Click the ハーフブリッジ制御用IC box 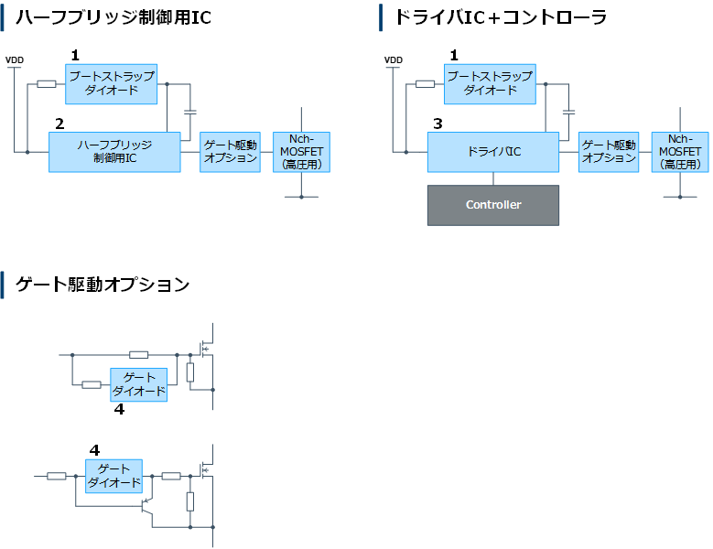[x=114, y=152]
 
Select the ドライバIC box [x=492, y=152]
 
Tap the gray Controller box [x=492, y=205]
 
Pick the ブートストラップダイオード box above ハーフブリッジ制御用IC [x=111, y=83]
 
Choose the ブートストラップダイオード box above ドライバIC [x=490, y=83]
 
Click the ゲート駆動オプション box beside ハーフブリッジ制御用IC [x=231, y=152]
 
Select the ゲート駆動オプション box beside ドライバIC [x=609, y=152]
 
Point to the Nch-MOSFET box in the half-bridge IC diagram [x=301, y=152]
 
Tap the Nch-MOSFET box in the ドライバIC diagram [x=680, y=152]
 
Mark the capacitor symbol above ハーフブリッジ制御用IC [x=190, y=113]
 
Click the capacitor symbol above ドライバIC [x=568, y=113]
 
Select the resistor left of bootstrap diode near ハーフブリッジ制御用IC [x=46, y=84]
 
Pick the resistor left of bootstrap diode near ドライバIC [x=425, y=84]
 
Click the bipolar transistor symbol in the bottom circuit [x=146, y=504]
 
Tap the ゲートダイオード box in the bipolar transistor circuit [x=114, y=476]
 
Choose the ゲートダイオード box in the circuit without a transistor [x=139, y=384]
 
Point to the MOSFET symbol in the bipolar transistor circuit [x=206, y=469]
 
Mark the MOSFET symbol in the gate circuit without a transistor [x=206, y=349]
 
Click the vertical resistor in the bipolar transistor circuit [x=189, y=501]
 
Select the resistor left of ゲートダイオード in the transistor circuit [x=57, y=476]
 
